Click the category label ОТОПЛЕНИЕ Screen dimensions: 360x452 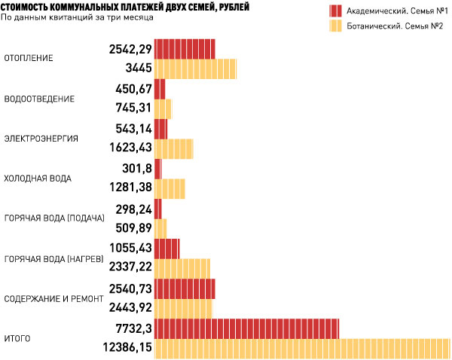[28, 59]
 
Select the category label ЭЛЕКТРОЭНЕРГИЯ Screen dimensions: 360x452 [41, 138]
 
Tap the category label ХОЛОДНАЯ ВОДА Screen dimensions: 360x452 [38, 178]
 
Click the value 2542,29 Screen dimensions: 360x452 [130, 49]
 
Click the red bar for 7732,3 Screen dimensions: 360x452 [246, 328]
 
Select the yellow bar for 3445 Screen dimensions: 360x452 [195, 69]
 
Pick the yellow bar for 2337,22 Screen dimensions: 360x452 [182, 268]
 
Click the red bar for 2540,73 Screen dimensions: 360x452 [185, 288]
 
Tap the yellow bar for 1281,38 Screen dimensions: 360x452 [169, 188]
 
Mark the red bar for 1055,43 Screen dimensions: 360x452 [167, 249]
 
